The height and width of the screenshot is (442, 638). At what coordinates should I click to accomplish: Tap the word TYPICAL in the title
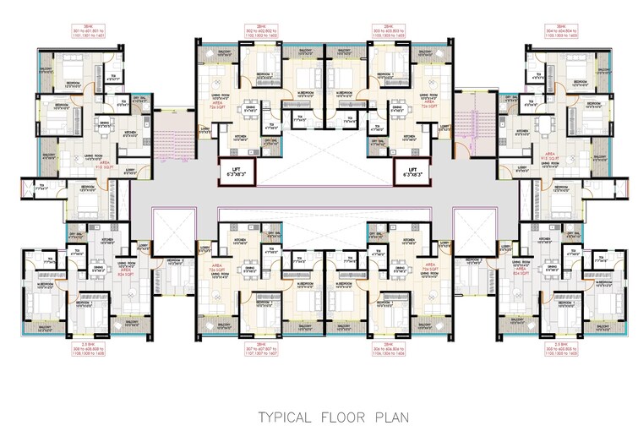(286, 417)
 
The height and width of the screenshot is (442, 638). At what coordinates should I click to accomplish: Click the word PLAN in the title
(388, 417)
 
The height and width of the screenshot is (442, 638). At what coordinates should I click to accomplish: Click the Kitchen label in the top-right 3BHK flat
(521, 131)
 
